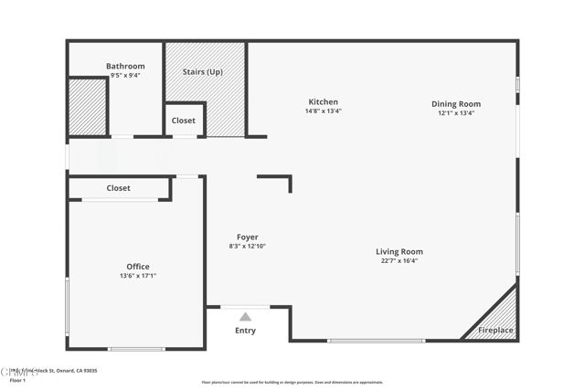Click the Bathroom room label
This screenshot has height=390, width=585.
[x=125, y=66]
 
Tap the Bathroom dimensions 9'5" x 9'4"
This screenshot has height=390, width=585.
[x=125, y=76]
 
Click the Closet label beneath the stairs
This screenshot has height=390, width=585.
[x=184, y=121]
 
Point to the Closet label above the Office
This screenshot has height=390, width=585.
[x=118, y=188]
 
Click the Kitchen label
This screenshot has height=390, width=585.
[x=323, y=101]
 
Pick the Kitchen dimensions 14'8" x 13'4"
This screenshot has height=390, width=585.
[x=323, y=111]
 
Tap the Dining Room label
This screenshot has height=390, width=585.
[x=456, y=103]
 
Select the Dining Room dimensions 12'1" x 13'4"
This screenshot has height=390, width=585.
[x=456, y=113]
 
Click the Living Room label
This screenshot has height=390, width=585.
[x=399, y=251]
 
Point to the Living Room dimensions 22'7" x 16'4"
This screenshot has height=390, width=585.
[x=399, y=260]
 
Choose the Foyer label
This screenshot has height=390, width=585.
[x=247, y=237]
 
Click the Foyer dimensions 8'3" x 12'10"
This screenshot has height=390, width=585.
[x=247, y=246]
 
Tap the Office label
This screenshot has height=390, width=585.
[x=138, y=266]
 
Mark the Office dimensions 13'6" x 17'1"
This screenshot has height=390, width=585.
[x=138, y=276]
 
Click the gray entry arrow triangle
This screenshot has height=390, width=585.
[x=245, y=316]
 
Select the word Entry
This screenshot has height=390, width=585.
[x=245, y=331]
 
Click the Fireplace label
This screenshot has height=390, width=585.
[x=497, y=330]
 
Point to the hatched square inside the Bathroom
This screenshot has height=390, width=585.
[x=88, y=108]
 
